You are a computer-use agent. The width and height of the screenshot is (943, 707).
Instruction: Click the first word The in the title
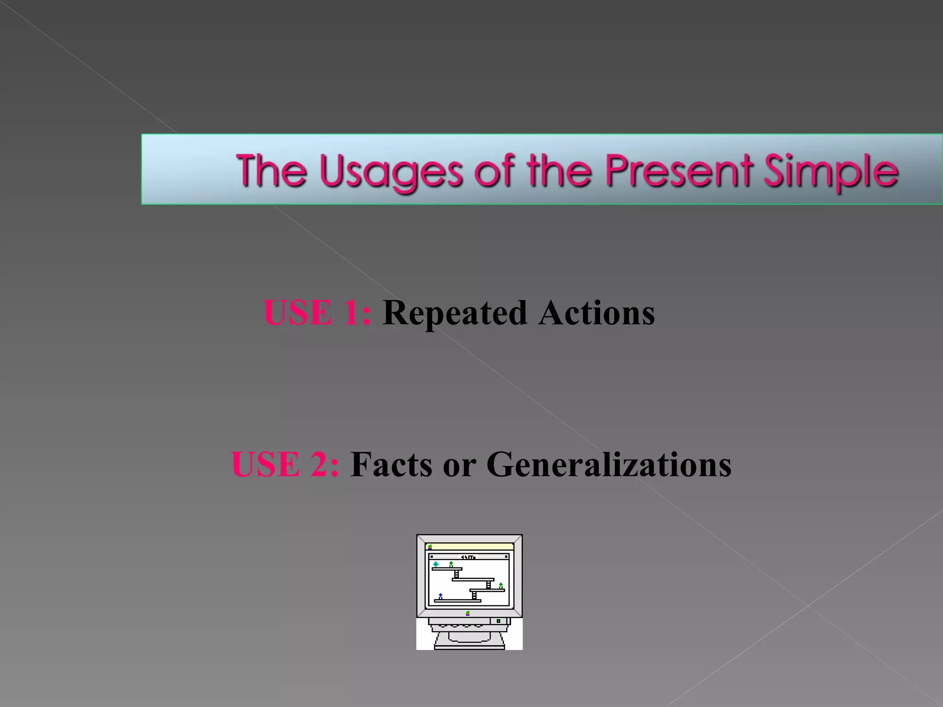pyautogui.click(x=271, y=170)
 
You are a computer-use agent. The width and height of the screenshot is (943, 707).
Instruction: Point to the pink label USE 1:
pyautogui.click(x=317, y=313)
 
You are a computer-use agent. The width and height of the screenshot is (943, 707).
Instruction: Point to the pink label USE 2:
pyautogui.click(x=285, y=464)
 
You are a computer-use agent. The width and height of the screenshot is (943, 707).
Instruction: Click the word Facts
pyautogui.click(x=391, y=464)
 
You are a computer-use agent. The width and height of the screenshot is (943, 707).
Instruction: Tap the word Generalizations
pyautogui.click(x=609, y=464)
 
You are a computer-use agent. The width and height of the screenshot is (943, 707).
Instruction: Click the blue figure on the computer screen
pyautogui.click(x=441, y=597)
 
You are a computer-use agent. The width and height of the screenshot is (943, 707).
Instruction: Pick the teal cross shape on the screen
pyautogui.click(x=436, y=564)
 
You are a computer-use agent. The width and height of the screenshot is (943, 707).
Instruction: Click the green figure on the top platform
pyautogui.click(x=451, y=564)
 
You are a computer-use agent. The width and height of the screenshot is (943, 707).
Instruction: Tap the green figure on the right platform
pyautogui.click(x=501, y=585)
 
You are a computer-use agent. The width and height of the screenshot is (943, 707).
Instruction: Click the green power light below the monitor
pyautogui.click(x=498, y=621)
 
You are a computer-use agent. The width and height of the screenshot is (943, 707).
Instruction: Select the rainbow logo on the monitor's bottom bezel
pyautogui.click(x=468, y=613)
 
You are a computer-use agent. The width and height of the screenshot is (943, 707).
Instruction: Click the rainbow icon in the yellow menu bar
pyautogui.click(x=430, y=547)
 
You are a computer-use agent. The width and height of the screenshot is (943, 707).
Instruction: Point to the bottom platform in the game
pyautogui.click(x=457, y=601)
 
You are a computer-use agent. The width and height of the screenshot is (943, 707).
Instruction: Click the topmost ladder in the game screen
pyautogui.click(x=456, y=574)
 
